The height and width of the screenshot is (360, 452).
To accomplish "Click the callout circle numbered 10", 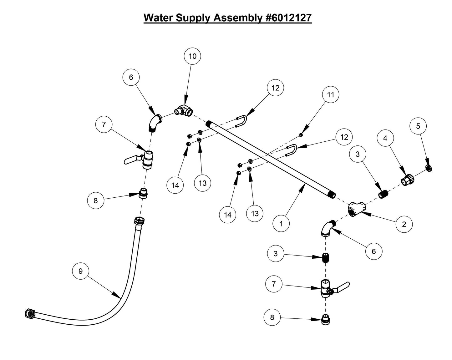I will pos(192,56).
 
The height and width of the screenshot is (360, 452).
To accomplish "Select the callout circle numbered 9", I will pos(81,271).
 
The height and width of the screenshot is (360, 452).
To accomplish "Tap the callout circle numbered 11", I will pos(331,94).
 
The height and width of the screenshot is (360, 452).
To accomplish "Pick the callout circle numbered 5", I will pos(418,126).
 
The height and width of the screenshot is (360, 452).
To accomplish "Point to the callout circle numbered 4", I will pos(385,138).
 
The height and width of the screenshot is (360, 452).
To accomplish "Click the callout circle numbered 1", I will pos(281,224).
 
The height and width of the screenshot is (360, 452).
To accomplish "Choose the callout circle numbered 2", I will pos(404,224).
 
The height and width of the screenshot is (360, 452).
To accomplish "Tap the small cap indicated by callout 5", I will pos(429,169).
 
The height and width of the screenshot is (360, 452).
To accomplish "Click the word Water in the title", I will pos(158,18).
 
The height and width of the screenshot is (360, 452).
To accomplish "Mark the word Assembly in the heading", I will pos(237,18).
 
